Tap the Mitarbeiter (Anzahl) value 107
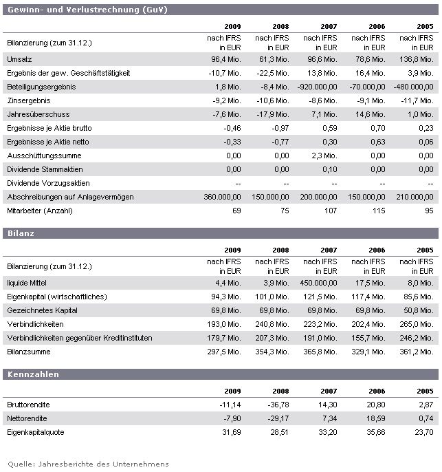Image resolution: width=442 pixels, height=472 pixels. (x=329, y=211)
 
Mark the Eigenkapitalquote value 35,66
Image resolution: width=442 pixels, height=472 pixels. (x=375, y=432)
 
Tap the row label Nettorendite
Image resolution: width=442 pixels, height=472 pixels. (x=27, y=418)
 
